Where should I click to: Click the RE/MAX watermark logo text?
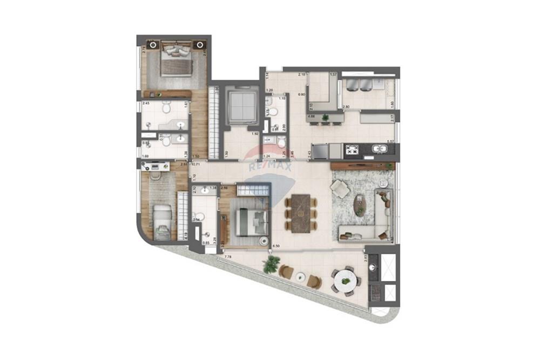[269, 167]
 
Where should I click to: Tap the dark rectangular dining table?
[302, 214]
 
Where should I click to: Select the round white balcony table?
[345, 281]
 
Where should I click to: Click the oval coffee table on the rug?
[360, 206]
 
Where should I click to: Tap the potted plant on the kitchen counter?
[325, 117]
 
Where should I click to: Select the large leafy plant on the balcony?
[271, 264]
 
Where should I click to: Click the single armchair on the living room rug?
[340, 188]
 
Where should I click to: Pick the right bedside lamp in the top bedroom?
[200, 44]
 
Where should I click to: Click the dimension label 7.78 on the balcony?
[227, 257]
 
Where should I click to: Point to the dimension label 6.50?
[277, 246]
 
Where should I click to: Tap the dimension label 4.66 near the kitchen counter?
[312, 117]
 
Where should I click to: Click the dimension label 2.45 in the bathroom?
[145, 103]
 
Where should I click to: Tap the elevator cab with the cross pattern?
[240, 105]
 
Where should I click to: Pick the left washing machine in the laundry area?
[353, 85]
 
